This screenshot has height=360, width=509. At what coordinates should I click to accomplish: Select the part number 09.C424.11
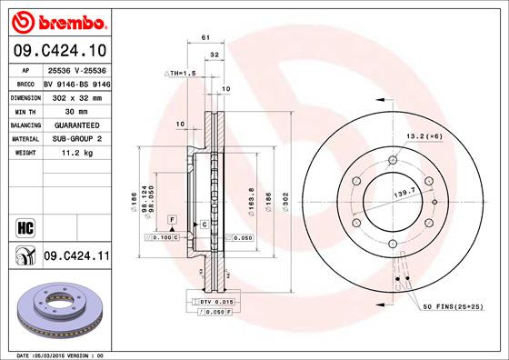tap(77, 258)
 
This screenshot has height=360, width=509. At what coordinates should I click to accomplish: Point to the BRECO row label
tap(25, 82)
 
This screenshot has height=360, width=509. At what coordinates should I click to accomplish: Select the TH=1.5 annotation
tap(181, 73)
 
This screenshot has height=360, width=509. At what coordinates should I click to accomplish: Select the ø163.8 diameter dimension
tap(250, 197)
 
